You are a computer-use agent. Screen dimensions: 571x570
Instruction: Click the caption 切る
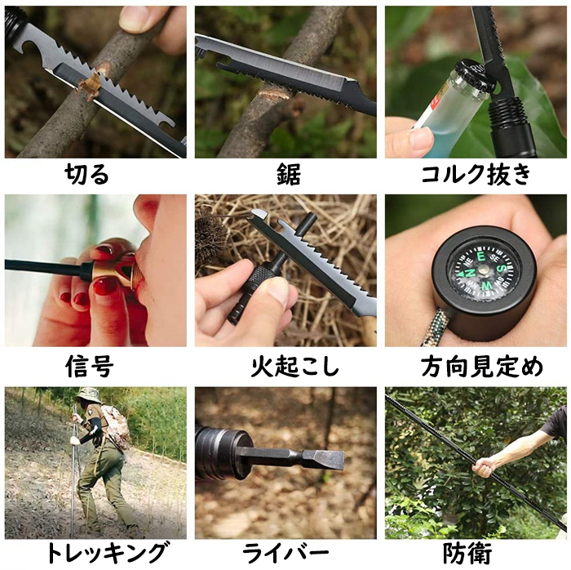[87, 174]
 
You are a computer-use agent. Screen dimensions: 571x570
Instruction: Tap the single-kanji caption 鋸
[288, 174]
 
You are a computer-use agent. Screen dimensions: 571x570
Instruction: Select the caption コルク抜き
[476, 174]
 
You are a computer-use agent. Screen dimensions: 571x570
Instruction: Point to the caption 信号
[89, 366]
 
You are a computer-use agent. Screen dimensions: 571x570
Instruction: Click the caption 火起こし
[294, 366]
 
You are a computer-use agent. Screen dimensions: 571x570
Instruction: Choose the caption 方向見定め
[482, 366]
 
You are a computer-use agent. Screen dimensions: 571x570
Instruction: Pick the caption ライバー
[285, 553]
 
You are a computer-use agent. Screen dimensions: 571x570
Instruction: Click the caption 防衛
[467, 553]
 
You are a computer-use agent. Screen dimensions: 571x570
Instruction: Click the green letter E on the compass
[481, 257]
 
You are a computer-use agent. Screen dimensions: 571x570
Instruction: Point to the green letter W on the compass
[486, 286]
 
